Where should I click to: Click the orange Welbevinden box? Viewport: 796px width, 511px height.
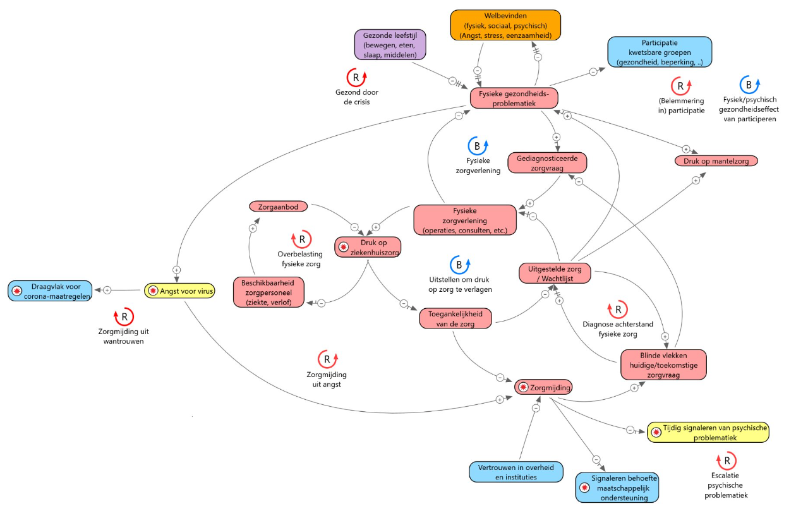(x=505, y=25)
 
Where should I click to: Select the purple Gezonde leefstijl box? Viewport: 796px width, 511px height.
(x=390, y=45)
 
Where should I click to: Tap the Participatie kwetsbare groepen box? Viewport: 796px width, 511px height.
(x=660, y=52)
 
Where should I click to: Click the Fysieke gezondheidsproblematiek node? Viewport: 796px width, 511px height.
(x=514, y=99)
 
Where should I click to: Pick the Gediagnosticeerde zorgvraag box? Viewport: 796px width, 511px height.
(x=547, y=163)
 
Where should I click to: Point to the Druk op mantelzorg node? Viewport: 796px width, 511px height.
(x=716, y=161)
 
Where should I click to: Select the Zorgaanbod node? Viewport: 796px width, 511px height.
(x=278, y=207)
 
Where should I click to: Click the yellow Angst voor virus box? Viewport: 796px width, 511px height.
(x=179, y=291)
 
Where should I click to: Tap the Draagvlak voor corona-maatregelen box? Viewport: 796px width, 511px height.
(x=50, y=291)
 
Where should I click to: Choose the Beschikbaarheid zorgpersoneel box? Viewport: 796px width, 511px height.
(x=268, y=292)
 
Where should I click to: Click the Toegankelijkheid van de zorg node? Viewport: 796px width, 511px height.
(x=455, y=318)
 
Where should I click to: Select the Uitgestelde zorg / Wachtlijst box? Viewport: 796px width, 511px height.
(x=555, y=274)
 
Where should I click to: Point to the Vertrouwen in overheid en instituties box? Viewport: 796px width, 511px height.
(x=516, y=472)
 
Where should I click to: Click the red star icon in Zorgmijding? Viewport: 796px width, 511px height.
(x=523, y=387)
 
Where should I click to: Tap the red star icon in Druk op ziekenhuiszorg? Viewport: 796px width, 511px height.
(x=344, y=247)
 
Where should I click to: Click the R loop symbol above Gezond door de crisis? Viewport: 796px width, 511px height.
(x=356, y=78)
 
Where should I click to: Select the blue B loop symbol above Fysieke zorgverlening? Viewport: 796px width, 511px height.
(x=478, y=146)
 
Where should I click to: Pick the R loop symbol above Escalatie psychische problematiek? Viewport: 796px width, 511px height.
(x=727, y=460)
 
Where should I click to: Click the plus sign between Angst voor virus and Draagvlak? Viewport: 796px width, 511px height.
(x=107, y=291)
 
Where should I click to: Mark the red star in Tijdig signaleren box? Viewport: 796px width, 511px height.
(x=656, y=432)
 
